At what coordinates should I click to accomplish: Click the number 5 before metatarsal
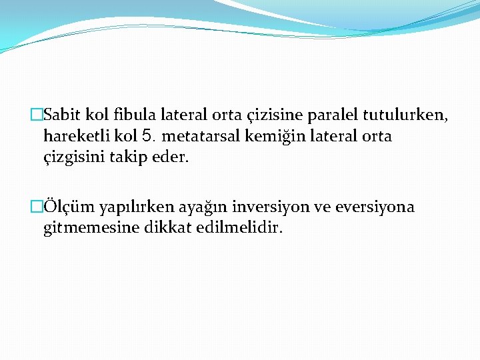149,137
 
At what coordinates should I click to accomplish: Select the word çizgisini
73,159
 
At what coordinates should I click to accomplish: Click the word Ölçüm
68,207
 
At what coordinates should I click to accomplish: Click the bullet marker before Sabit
36,115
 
